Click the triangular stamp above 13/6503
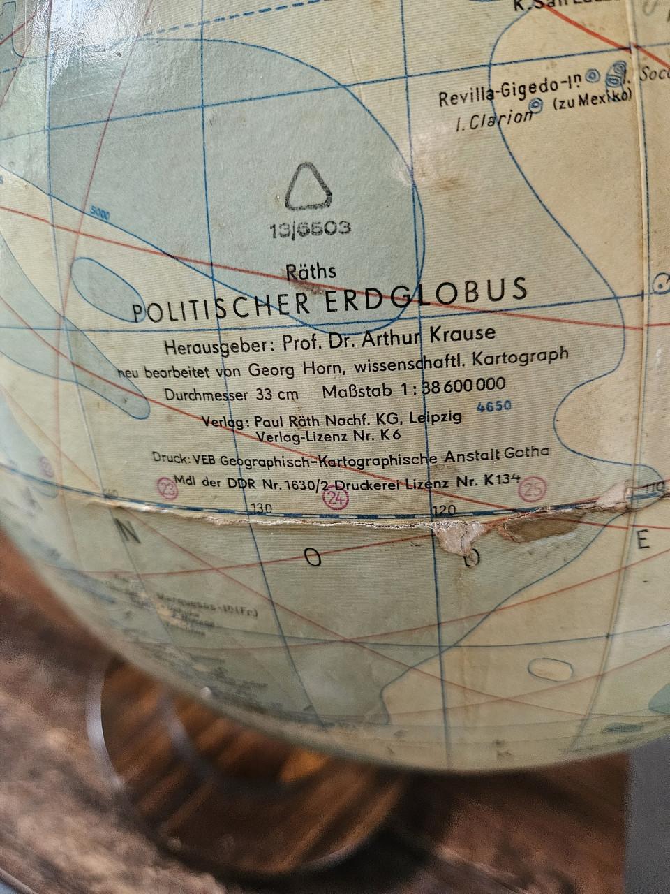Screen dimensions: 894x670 [x=307, y=187]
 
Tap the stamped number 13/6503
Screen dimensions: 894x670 [x=309, y=229]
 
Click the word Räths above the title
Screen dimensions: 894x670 [x=311, y=271]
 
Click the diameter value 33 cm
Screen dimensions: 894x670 [x=277, y=393]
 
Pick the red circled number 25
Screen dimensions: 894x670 [x=534, y=490]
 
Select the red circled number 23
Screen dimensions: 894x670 [x=168, y=488]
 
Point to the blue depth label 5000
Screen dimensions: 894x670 [x=100, y=216]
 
